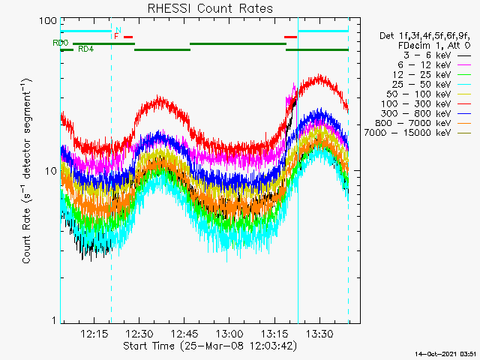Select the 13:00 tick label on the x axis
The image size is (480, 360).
pyautogui.click(x=229, y=334)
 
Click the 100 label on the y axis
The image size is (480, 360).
pyautogui.click(x=49, y=21)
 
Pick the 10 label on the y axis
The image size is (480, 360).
pyautogui.click(x=52, y=172)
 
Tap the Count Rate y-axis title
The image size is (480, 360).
pyautogui.click(x=28, y=171)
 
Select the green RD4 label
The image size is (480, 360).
pyautogui.click(x=85, y=49)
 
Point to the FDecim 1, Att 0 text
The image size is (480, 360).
pyautogui.click(x=434, y=45)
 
